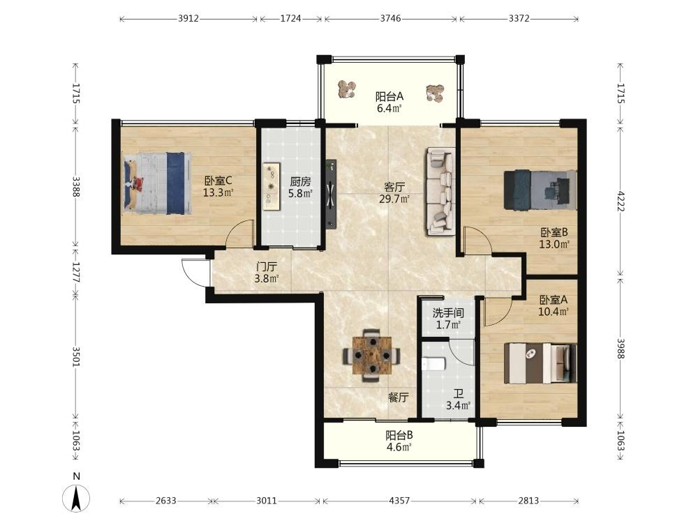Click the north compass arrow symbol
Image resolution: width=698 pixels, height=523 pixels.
tap(76, 497)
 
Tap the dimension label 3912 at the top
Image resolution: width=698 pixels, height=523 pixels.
tap(188, 19)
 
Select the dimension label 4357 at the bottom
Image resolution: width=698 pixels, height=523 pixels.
tap(399, 501)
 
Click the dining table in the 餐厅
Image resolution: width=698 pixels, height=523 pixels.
tap(372, 356)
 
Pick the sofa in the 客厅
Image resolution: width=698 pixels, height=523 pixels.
tap(440, 191)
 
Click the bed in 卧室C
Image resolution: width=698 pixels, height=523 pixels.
tap(157, 183)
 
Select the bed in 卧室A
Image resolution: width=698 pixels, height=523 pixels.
tap(540, 363)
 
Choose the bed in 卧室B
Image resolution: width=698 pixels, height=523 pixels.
tap(540, 190)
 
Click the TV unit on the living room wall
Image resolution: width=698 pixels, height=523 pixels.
tap(331, 195)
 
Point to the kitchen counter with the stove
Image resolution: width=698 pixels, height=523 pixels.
tap(271, 186)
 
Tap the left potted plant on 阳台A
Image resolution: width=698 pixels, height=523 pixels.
tap(346, 89)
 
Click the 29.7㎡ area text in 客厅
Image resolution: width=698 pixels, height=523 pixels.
tap(394, 199)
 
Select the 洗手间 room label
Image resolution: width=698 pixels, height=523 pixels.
tap(448, 312)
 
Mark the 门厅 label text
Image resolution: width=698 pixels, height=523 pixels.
tap(267, 267)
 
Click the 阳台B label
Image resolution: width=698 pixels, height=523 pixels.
tap(399, 435)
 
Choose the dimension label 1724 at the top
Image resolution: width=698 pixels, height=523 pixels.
tap(290, 19)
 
